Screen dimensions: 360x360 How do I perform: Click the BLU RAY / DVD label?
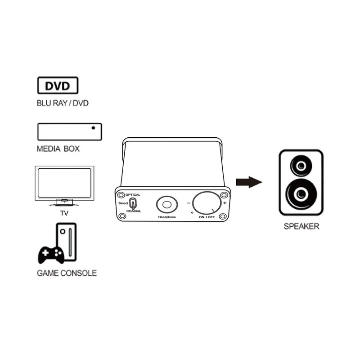click(x=63, y=103)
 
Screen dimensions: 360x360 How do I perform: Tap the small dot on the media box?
click(x=93, y=128)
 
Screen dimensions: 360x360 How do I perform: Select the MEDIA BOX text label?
click(x=58, y=148)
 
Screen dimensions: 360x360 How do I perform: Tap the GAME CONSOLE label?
click(x=67, y=273)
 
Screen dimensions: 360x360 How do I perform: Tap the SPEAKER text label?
click(x=301, y=226)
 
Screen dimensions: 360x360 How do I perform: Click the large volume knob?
click(x=207, y=203)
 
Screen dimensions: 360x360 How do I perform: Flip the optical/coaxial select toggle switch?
click(x=133, y=203)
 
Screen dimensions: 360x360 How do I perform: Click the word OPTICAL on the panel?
click(x=133, y=194)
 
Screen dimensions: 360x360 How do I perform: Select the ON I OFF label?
click(x=207, y=217)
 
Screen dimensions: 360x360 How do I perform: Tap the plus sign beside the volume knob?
click(x=224, y=203)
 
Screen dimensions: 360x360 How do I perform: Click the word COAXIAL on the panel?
click(x=134, y=211)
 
